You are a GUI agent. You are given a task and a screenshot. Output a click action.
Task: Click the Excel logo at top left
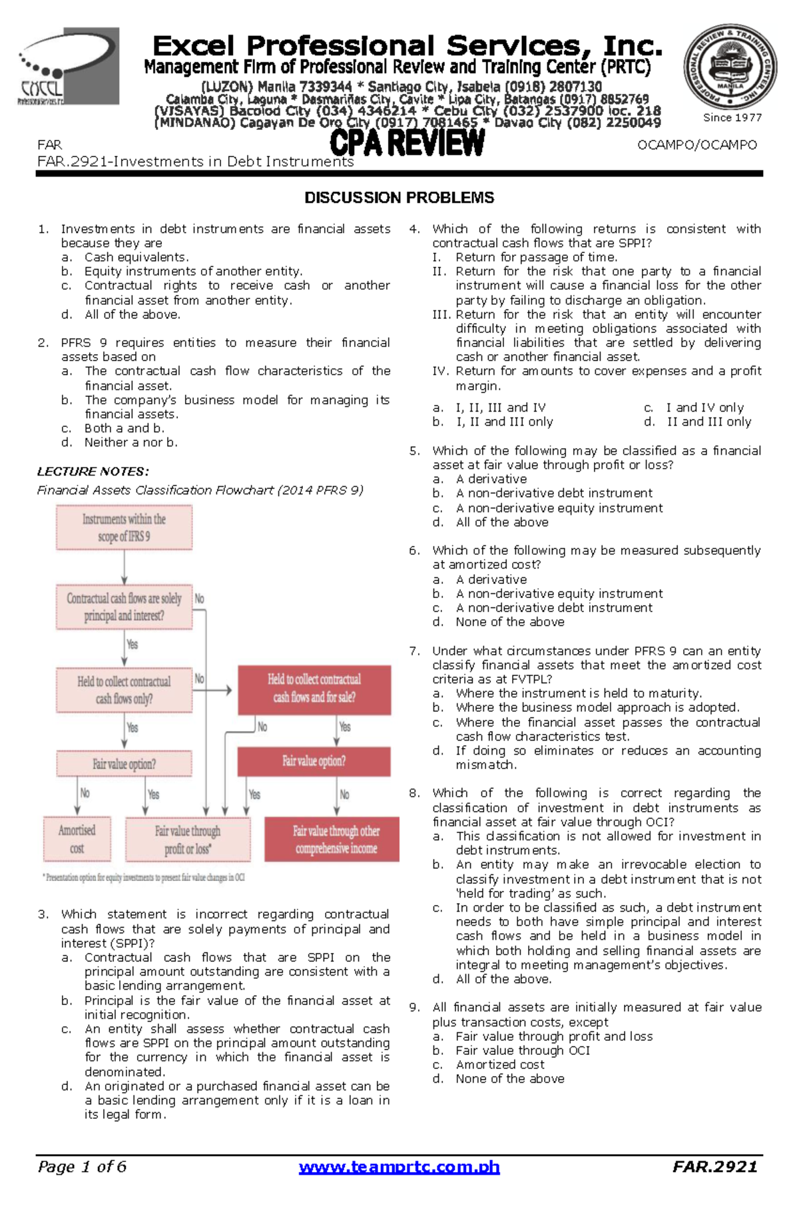click(69, 67)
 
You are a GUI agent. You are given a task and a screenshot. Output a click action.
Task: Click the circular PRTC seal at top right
click(730, 67)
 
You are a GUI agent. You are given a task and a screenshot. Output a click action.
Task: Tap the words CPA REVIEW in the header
click(407, 143)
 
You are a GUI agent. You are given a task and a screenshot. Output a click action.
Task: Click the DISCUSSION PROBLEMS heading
click(399, 198)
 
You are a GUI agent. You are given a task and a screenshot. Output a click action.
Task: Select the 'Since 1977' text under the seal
click(732, 117)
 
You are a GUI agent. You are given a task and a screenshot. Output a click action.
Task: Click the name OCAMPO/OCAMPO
click(696, 145)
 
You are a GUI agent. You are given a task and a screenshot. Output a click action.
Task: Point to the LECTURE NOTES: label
click(93, 471)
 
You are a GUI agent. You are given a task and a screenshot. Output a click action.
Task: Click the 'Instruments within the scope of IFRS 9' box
click(125, 527)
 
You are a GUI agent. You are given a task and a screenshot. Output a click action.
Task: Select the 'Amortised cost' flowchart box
click(77, 839)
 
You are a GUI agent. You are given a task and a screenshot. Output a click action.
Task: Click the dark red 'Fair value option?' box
click(314, 761)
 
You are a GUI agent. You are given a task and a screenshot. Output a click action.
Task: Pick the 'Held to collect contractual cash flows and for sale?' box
click(314, 689)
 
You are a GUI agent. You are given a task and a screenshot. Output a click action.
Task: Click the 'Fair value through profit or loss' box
click(188, 839)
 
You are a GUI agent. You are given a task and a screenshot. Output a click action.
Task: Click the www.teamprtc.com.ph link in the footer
click(399, 1167)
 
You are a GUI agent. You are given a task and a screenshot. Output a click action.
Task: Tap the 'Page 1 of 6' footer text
click(82, 1167)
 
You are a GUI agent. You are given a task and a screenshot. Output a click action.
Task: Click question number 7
click(414, 651)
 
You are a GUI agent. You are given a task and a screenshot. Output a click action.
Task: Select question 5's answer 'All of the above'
click(501, 522)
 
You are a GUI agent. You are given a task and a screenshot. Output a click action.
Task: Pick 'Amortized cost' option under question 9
click(499, 1064)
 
